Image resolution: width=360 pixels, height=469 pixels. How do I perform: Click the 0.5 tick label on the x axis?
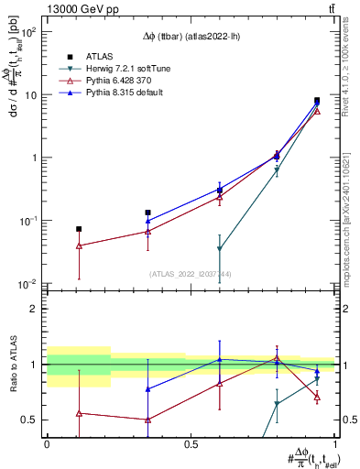coord(191,443)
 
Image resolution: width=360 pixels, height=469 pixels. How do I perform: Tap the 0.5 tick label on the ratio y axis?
coord(29,420)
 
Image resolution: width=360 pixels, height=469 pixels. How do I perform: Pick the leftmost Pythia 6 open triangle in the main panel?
coord(79,245)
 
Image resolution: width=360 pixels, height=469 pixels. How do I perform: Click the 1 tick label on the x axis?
coord(335,443)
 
